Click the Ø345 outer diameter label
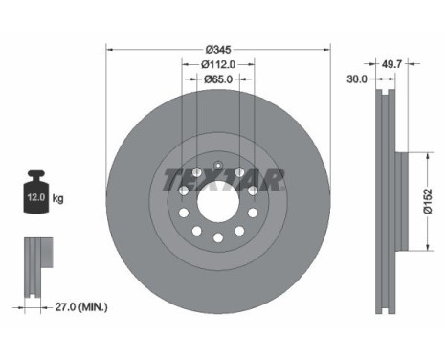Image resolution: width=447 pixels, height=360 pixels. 218,50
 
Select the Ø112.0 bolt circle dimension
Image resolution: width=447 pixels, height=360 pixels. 218,64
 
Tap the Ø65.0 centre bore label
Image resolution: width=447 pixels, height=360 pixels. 218,79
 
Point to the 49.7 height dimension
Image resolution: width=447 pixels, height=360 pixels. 391,64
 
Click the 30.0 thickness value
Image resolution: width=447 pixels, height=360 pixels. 357,79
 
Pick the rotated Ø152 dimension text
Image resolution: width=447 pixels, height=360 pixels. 427,201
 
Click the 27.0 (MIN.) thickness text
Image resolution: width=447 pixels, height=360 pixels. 81,307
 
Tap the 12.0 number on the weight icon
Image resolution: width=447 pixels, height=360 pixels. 35,197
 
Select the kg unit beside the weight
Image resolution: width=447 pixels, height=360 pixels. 57,199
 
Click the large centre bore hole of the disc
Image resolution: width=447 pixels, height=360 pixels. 218,201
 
